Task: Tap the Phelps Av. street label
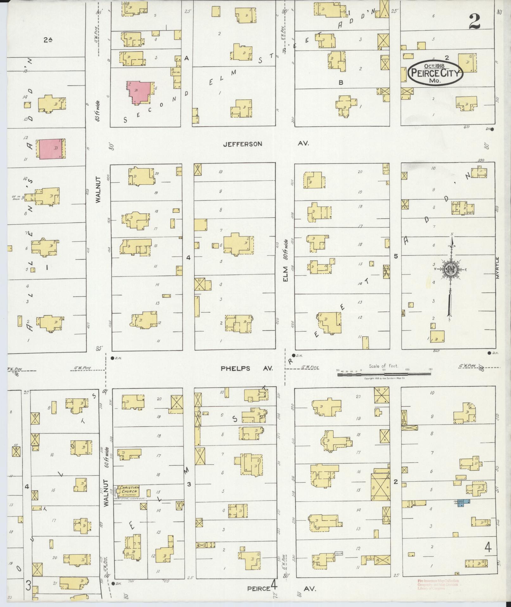pyautogui.click(x=247, y=368)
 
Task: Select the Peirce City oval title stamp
pyautogui.click(x=436, y=73)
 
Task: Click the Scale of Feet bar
pyautogui.click(x=383, y=374)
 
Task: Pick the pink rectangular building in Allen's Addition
pyautogui.click(x=50, y=148)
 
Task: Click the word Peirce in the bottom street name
pyautogui.click(x=259, y=588)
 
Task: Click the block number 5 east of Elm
pyautogui.click(x=395, y=256)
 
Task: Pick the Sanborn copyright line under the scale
pyautogui.click(x=384, y=378)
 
